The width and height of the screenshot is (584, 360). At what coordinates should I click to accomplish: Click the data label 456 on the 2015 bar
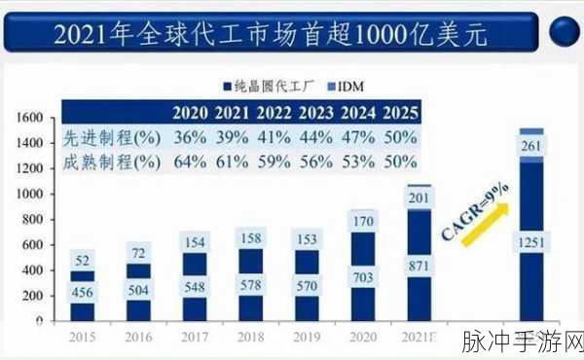coord(83,293)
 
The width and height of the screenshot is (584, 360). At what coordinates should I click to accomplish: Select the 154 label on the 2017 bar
coord(194,241)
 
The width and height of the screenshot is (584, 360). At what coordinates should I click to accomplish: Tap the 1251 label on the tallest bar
coord(531,241)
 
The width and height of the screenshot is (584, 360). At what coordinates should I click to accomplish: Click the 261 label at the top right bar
coord(531,146)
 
